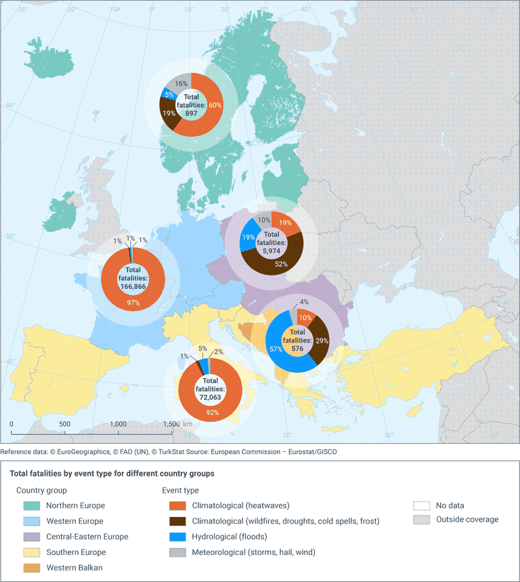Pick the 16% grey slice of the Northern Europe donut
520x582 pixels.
(181, 83)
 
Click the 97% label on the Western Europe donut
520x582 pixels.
(133, 303)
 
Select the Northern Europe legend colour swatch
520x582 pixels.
(32, 506)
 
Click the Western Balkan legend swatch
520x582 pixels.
(32, 568)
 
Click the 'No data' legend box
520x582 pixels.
(421, 506)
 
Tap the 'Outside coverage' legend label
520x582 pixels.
(467, 520)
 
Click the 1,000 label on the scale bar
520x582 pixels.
(118, 424)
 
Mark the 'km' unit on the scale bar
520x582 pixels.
(188, 424)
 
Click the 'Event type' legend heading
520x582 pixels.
(180, 490)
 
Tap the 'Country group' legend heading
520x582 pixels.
(42, 490)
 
